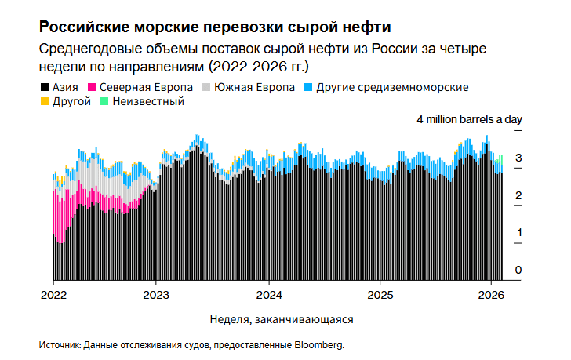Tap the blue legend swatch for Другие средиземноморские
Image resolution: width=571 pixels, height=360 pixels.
pos(308,87)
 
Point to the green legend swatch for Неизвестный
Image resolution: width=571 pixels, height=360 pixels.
pos(105,101)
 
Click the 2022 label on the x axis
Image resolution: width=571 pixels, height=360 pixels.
pos(53,296)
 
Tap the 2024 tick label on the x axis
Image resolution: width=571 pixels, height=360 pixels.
pos(268,296)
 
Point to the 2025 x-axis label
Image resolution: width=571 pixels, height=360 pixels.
pos(380,296)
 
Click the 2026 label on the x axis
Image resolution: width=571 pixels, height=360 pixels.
pos(491,296)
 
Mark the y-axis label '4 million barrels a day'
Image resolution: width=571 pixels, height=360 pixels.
pos(469,119)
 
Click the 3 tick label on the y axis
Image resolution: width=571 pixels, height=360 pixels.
pos(518,158)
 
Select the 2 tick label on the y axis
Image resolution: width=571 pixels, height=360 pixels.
pos(518,195)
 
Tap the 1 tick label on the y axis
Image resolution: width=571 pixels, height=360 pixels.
pos(518,233)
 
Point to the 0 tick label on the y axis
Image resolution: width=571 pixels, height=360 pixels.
pos(518,270)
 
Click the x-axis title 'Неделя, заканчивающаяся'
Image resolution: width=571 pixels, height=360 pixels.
pos(282,320)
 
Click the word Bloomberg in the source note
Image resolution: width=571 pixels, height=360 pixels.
pos(318,344)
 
